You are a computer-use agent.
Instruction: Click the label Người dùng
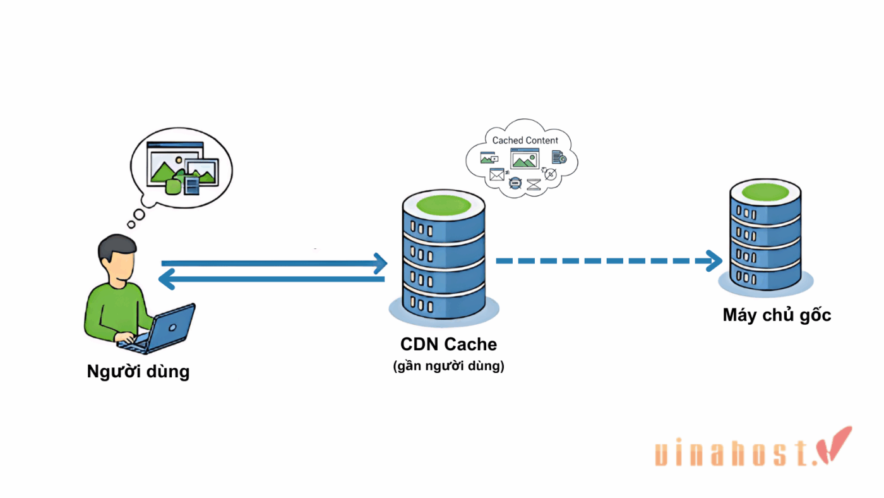click(x=138, y=371)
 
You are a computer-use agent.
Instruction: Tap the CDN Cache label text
click(x=448, y=344)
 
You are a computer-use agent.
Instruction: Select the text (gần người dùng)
click(x=448, y=366)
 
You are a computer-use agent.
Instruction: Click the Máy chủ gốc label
click(x=777, y=315)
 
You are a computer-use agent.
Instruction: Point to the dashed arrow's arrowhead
click(x=715, y=260)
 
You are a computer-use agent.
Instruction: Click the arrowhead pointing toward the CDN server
click(x=380, y=264)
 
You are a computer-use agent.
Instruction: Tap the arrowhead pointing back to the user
click(x=167, y=279)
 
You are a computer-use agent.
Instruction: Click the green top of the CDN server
click(x=443, y=205)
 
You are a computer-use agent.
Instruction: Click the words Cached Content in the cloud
click(x=525, y=140)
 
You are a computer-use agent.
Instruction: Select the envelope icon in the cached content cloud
click(x=497, y=174)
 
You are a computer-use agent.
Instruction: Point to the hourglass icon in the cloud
click(x=534, y=185)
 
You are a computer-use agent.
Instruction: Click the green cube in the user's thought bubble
click(x=172, y=186)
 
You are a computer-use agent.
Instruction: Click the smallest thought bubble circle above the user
click(x=131, y=224)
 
